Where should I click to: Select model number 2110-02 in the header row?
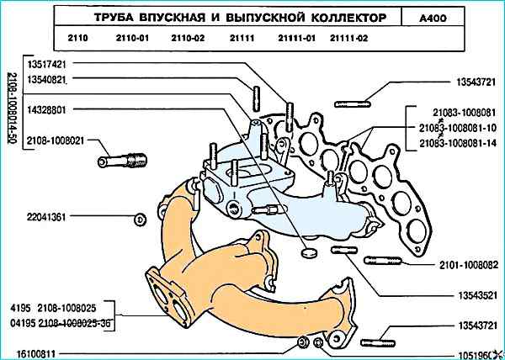[187, 38]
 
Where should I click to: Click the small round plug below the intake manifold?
[307, 251]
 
